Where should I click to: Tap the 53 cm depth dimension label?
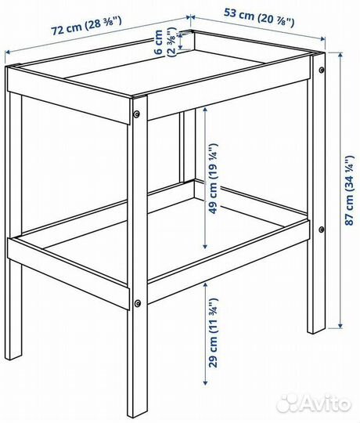[x=259, y=18]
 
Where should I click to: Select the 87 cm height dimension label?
[x=350, y=190]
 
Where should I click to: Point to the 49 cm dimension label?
[x=213, y=179]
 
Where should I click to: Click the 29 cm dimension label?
[x=213, y=332]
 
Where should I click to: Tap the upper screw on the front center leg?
[x=137, y=114]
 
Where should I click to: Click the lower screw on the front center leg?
[x=138, y=303]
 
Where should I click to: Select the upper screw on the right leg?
[x=322, y=70]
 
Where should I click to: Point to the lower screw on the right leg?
[x=322, y=230]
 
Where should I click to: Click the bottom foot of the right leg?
[x=316, y=330]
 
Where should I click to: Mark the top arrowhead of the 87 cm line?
[x=340, y=55]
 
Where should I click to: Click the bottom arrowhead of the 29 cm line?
[x=205, y=382]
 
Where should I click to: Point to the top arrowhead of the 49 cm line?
[x=205, y=110]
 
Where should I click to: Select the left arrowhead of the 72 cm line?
[x=8, y=52]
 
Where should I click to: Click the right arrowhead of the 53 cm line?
[x=322, y=39]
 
